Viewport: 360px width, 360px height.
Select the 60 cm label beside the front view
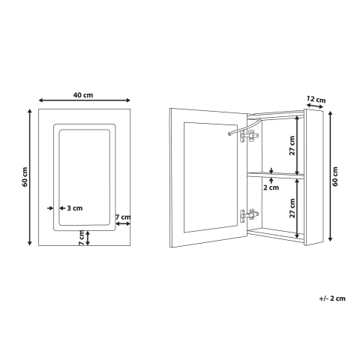pyautogui.click(x=25, y=177)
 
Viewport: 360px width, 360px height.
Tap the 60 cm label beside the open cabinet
pyautogui.click(x=334, y=177)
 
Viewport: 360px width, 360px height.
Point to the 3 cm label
pyautogui.click(x=73, y=208)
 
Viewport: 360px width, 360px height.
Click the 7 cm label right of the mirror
pyautogui.click(x=123, y=217)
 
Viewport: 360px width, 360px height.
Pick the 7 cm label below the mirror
pyautogui.click(x=81, y=238)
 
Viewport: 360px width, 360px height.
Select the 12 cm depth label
pyautogui.click(x=316, y=99)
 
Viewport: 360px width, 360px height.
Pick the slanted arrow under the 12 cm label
pyautogui.click(x=314, y=108)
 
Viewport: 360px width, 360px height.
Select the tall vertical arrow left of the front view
pyautogui.click(x=31, y=177)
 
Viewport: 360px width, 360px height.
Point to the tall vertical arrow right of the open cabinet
pyautogui.click(x=328, y=177)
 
